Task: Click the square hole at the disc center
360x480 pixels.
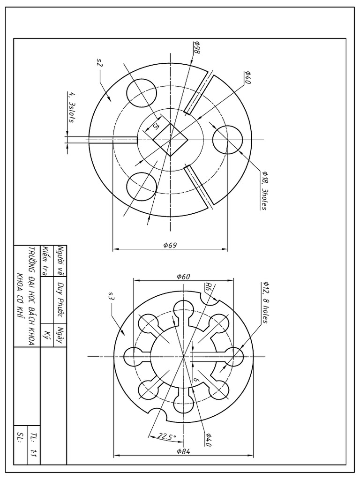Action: coord(169,139)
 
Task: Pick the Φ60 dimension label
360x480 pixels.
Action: coord(183,276)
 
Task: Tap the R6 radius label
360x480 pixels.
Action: coord(208,287)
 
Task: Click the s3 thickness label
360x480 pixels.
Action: coord(111,296)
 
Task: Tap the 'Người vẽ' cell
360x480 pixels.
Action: coord(60,261)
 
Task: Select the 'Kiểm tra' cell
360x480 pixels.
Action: coord(45,261)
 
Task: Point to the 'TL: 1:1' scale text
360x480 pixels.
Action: coord(32,446)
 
